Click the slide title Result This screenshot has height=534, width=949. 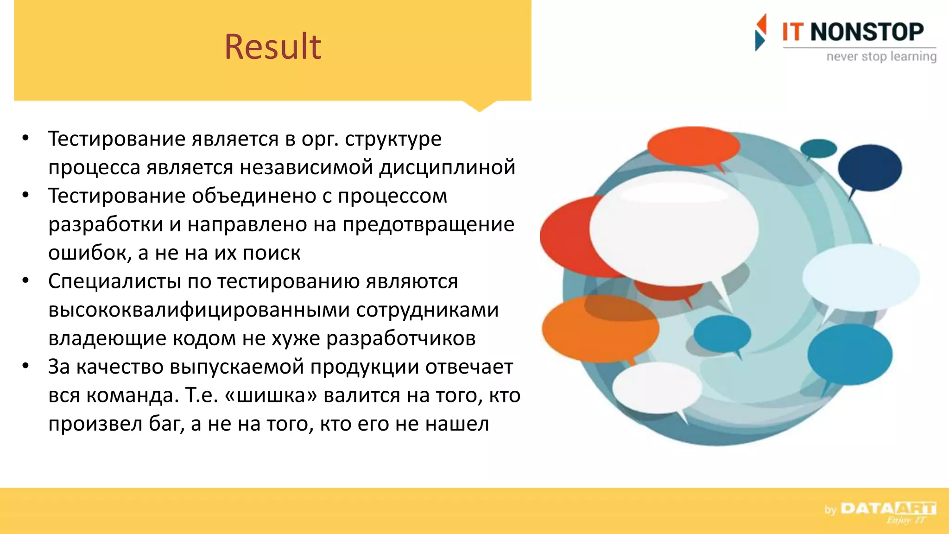pos(272,47)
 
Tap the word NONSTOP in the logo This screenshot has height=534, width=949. pos(867,32)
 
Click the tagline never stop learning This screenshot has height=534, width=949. pos(881,57)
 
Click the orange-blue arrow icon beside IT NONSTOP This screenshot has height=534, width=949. pos(760,32)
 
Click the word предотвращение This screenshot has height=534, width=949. pos(428,224)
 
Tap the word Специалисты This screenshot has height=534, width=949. pos(114,281)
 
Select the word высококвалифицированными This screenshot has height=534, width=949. pos(199,310)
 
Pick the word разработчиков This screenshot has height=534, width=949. pos(401,338)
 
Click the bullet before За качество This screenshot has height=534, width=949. pos(26,366)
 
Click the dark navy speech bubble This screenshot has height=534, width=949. pos(869,168)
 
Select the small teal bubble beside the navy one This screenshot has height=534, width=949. pos(818,148)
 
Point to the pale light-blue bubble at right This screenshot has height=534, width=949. pos(860,278)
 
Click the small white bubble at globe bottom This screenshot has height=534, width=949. pos(656,388)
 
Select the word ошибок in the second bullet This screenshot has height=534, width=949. pos(90,253)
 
